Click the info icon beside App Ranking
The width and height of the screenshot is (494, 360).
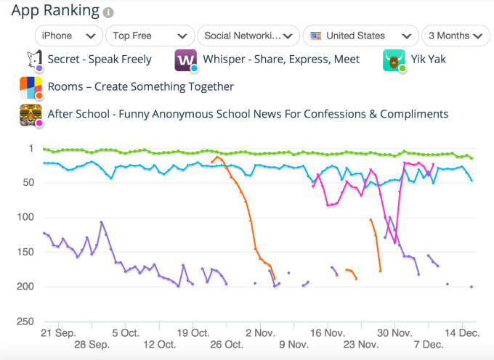tap(108, 12)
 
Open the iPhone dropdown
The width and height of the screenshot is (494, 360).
tap(69, 36)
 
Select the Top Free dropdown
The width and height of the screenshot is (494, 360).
tap(150, 36)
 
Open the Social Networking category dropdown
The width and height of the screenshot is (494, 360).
tap(248, 36)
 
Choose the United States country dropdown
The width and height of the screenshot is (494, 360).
tap(360, 36)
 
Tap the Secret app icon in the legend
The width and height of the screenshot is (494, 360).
tap(31, 60)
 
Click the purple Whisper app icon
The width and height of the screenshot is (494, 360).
tap(185, 60)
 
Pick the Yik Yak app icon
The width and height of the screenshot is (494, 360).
tap(393, 60)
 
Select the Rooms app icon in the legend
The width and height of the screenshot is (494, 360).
tap(31, 87)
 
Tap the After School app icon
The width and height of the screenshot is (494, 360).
tap(31, 115)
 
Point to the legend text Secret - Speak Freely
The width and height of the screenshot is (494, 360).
tap(100, 60)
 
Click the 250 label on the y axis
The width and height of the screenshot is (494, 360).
tap(26, 322)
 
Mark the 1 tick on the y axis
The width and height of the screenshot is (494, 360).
tap(31, 149)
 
